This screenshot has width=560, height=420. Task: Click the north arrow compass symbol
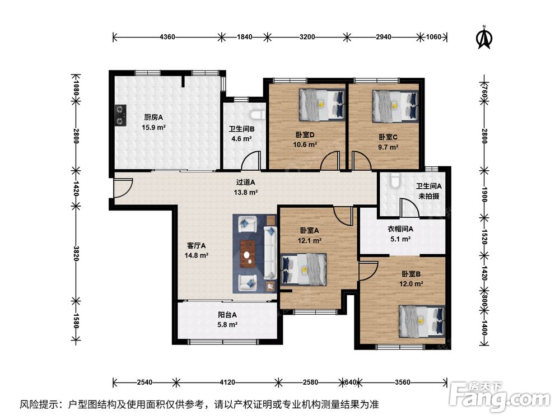coord(484,37)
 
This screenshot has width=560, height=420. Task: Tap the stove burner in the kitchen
coord(120,115)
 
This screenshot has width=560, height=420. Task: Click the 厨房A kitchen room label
coord(153,117)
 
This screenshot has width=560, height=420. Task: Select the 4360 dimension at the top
coord(167,37)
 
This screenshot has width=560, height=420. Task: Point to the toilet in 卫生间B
coord(257,114)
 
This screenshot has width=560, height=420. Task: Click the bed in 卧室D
coord(322,104)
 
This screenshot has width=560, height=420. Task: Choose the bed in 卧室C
coord(395,106)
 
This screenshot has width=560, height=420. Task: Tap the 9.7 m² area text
coord(388,147)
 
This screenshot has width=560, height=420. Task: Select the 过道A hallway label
coord(246,182)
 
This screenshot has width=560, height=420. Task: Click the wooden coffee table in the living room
coord(248,254)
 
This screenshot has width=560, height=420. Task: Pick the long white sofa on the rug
coord(270,253)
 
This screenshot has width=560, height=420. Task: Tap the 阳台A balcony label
coord(227,315)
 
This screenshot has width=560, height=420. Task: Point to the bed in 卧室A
coord(304,269)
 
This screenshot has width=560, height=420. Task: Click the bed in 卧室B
coord(422,321)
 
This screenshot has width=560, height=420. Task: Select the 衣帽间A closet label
coord(400,229)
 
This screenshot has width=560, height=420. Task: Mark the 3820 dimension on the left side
coord(76,253)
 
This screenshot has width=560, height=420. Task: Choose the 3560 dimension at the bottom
coord(403,382)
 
